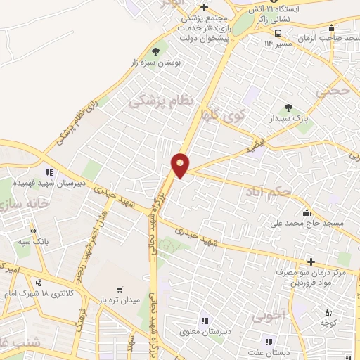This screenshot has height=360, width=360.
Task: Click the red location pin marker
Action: pyautogui.click(x=181, y=165)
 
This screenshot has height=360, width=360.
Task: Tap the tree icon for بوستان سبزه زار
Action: pyautogui.click(x=155, y=51)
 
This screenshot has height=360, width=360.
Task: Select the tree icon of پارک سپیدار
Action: pyautogui.click(x=288, y=108)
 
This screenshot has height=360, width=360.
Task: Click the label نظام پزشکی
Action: pyautogui.click(x=160, y=101)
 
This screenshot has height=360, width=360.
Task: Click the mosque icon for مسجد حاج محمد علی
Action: pyautogui.click(x=306, y=213)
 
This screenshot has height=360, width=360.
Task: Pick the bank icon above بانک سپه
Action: pyautogui.click(x=32, y=231)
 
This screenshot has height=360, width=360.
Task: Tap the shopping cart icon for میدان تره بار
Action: pyautogui.click(x=119, y=289)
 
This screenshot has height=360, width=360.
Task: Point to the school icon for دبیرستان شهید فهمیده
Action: pyautogui.click(x=49, y=172)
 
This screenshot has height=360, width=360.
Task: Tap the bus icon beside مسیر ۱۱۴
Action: pyautogui.click(x=278, y=33)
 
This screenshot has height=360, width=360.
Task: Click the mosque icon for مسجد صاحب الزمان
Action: pyautogui.click(x=332, y=29)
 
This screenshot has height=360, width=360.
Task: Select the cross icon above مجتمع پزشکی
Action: pyautogui.click(x=203, y=8)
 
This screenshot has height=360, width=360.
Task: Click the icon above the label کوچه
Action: pyautogui.click(x=327, y=313)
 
